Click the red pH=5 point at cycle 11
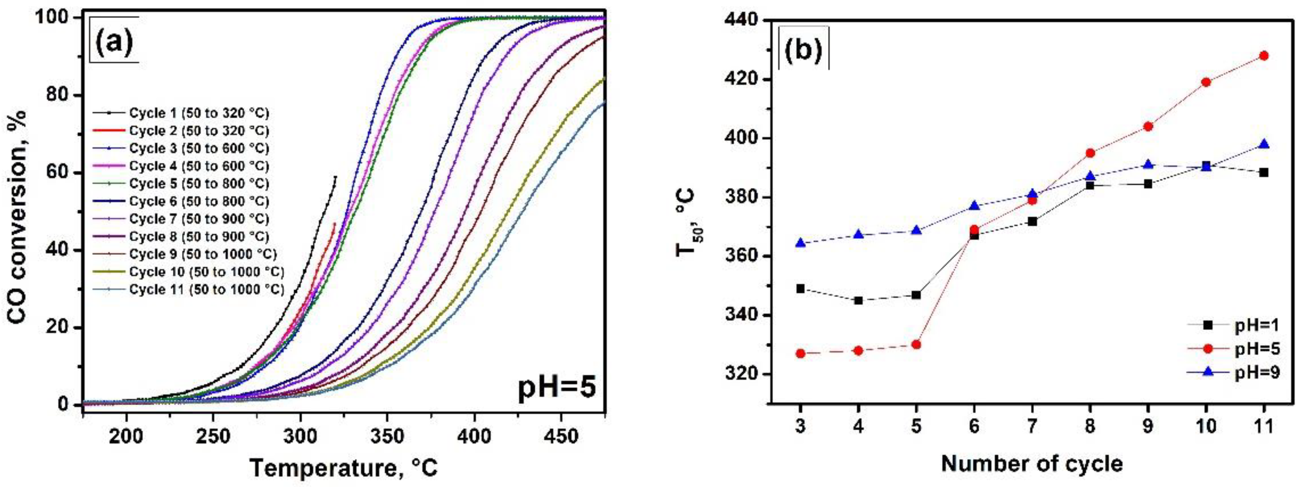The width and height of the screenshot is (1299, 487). tap(1264, 56)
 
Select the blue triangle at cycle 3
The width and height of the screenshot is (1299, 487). tap(800, 243)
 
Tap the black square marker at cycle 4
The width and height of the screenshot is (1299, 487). tap(858, 300)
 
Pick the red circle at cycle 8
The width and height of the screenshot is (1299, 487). tap(1090, 153)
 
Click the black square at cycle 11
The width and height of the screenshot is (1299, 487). tap(1264, 172)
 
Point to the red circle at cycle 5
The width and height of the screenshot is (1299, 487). tap(916, 345)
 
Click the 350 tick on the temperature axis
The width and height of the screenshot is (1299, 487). tap(387, 436)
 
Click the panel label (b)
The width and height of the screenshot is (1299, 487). tap(804, 51)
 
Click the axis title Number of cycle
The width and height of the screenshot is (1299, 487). tap(1032, 463)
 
